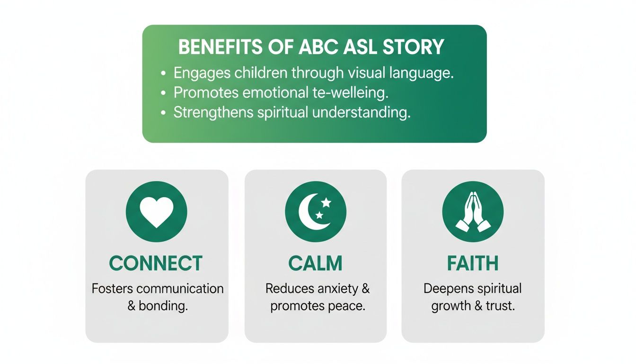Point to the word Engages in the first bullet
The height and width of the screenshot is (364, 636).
pyautogui.click(x=202, y=73)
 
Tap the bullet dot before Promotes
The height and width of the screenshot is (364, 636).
pyautogui.click(x=164, y=93)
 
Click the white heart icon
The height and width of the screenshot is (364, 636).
pyautogui.click(x=156, y=212)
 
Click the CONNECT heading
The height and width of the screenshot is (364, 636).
pyautogui.click(x=156, y=264)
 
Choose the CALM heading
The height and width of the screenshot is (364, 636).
pyautogui.click(x=316, y=264)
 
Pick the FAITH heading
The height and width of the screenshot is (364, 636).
pyautogui.click(x=473, y=264)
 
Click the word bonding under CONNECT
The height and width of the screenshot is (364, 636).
pyautogui.click(x=163, y=306)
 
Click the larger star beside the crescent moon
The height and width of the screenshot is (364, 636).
pyautogui.click(x=326, y=203)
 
